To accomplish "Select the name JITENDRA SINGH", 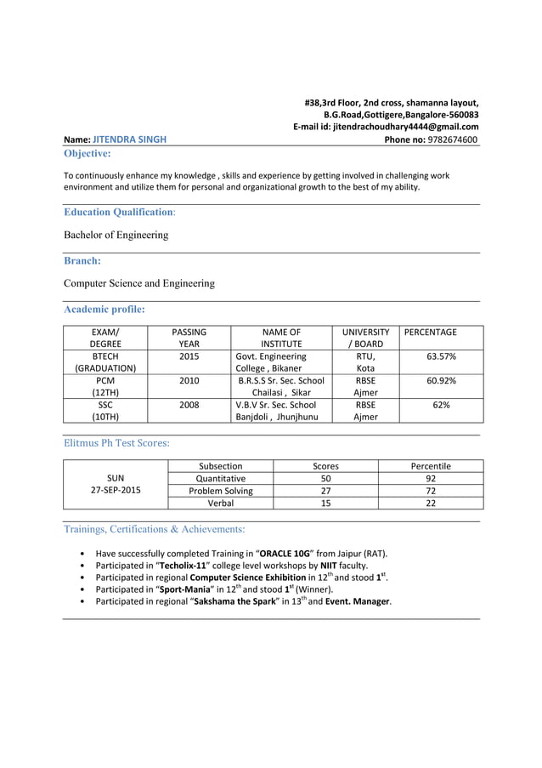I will pyautogui.click(x=129, y=139).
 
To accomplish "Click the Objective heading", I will pyautogui.click(x=87, y=154).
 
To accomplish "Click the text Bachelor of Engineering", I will pyautogui.click(x=116, y=235).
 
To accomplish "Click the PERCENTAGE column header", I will pyautogui.click(x=430, y=332).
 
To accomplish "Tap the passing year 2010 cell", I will pyautogui.click(x=189, y=380).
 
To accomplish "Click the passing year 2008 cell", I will pyautogui.click(x=189, y=405).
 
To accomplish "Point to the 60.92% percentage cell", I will pyautogui.click(x=441, y=380).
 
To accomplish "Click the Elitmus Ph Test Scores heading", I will pyautogui.click(x=116, y=442).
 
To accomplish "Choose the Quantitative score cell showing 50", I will pyautogui.click(x=325, y=478).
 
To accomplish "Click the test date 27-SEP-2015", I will pyautogui.click(x=116, y=491).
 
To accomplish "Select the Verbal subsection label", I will pyautogui.click(x=220, y=503).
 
